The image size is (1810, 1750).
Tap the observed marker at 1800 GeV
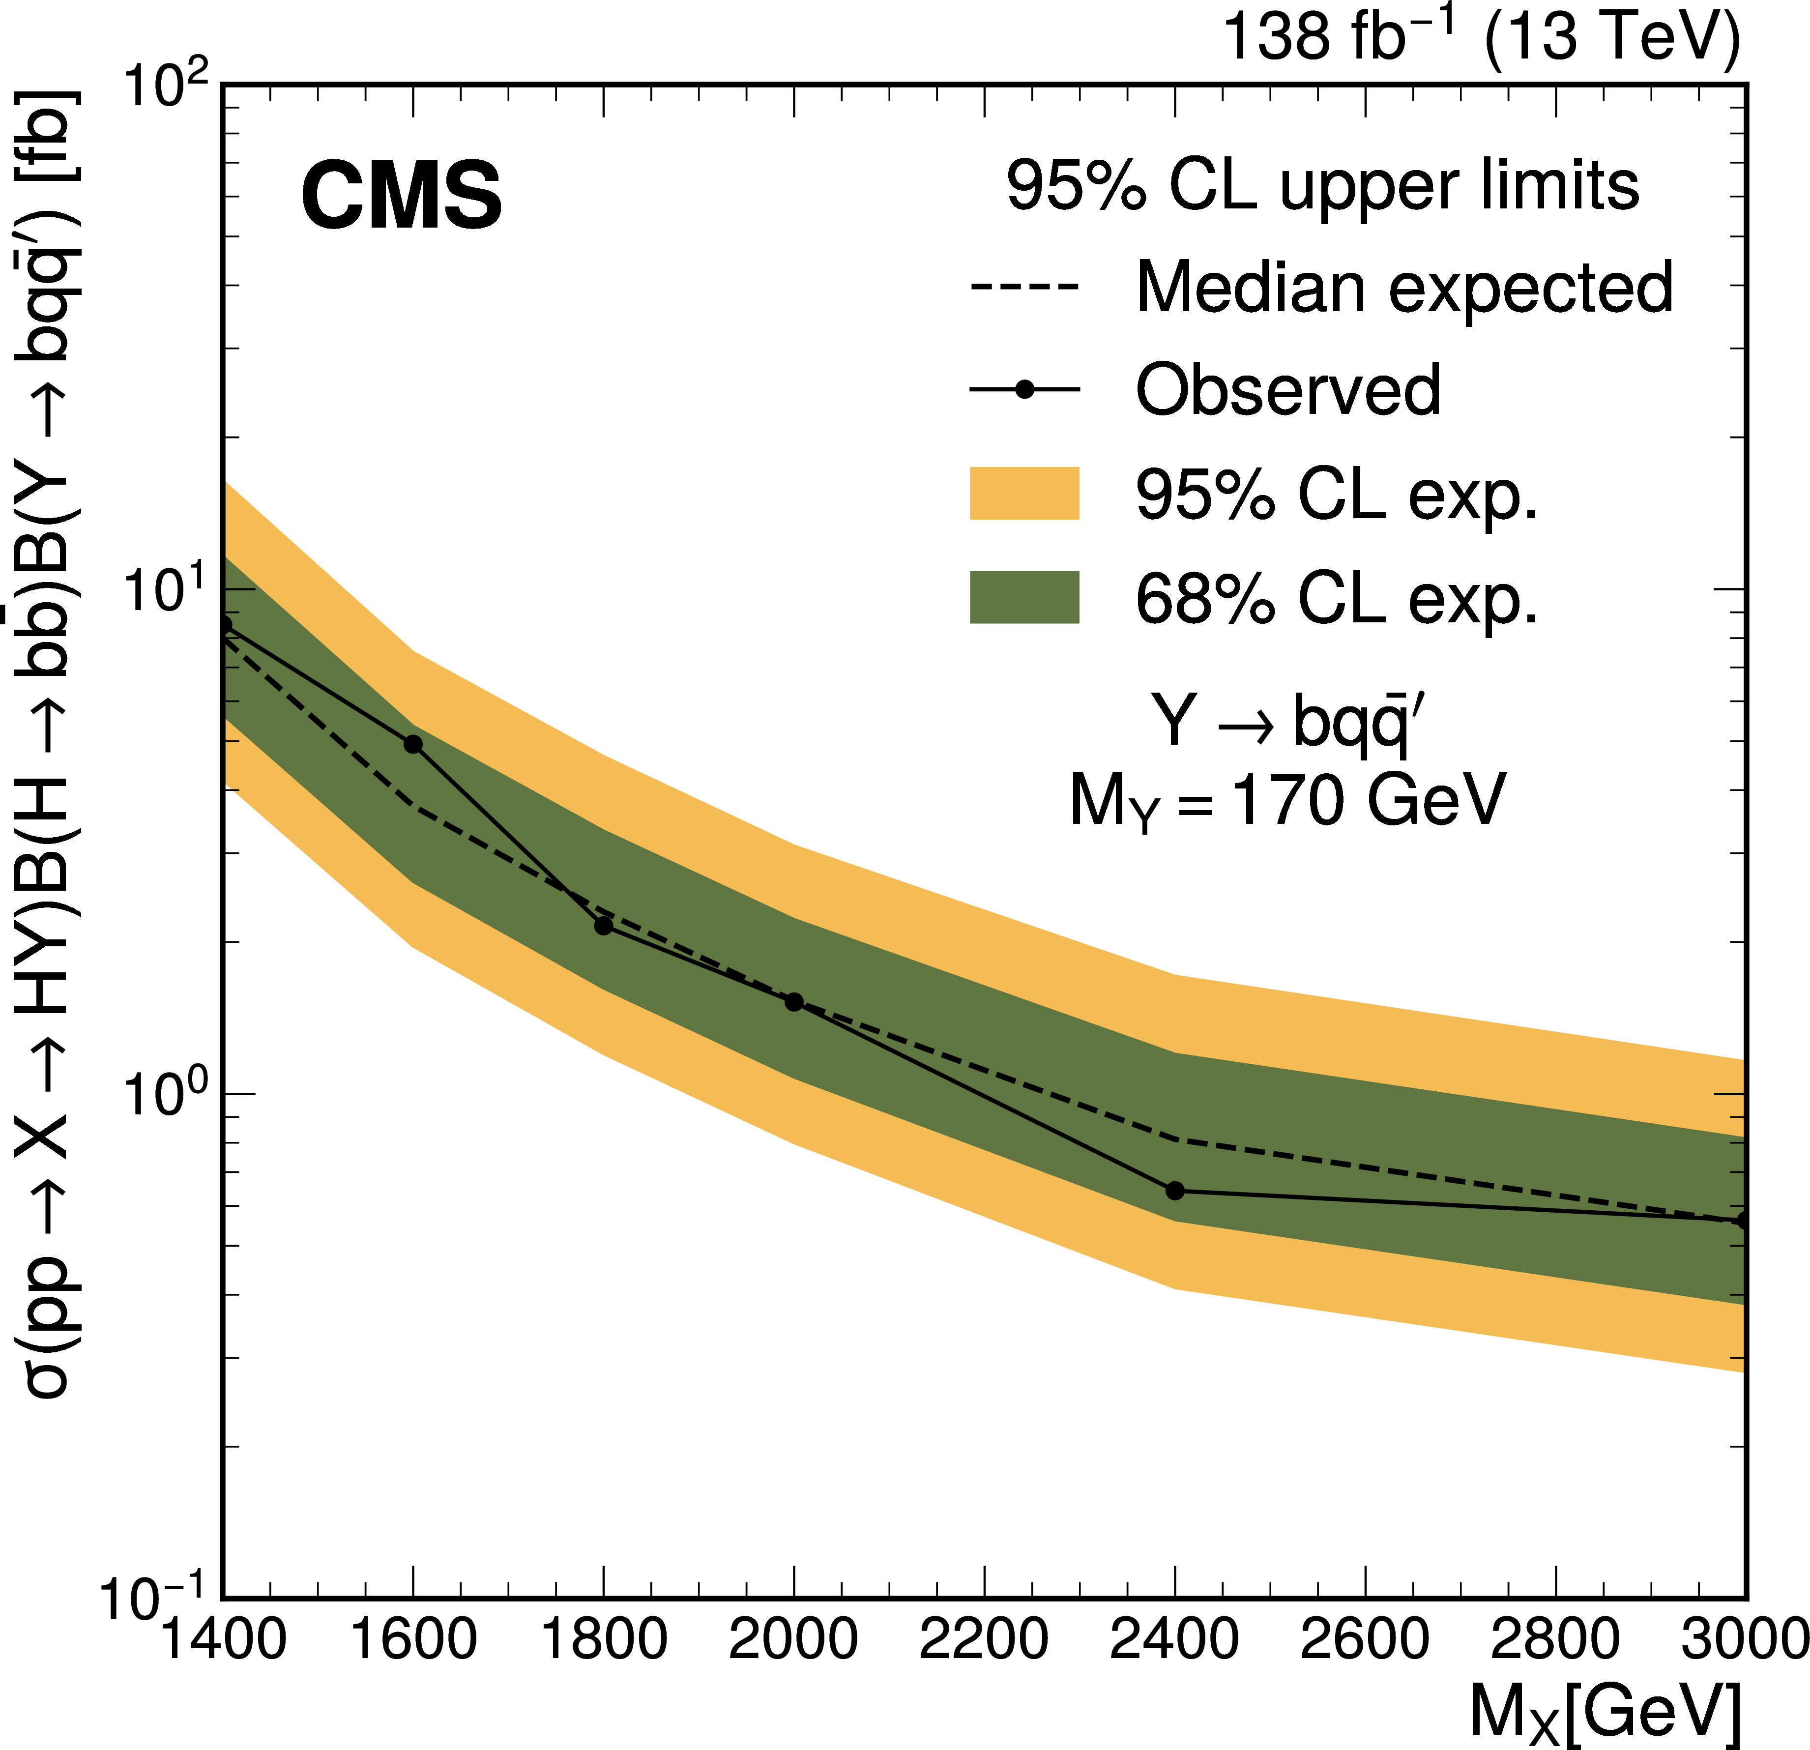[603, 925]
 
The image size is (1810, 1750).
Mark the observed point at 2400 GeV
[1175, 1191]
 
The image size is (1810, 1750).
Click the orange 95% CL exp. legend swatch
[1024, 493]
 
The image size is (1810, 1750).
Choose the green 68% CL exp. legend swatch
[1024, 597]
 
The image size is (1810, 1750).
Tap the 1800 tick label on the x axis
[603, 1640]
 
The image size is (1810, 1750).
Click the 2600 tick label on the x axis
[1365, 1640]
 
